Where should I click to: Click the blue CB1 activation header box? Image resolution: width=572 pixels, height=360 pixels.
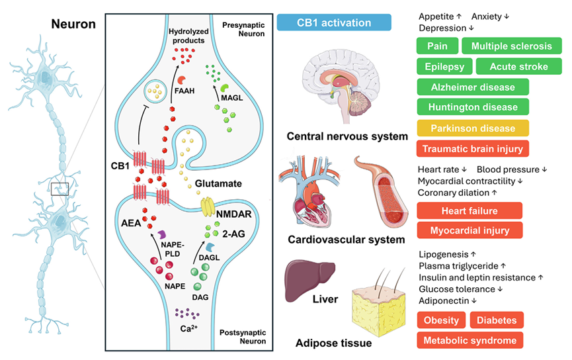click(334, 22)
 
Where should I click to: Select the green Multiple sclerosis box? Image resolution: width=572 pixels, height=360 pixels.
click(511, 46)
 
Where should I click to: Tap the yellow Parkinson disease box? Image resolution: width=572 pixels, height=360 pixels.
click(473, 128)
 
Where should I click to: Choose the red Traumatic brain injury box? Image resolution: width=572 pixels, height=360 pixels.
click(473, 149)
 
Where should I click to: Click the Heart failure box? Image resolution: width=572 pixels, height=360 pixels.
click(470, 210)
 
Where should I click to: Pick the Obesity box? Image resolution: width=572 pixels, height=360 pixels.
click(441, 320)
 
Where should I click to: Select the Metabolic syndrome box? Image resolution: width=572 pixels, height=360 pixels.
click(470, 340)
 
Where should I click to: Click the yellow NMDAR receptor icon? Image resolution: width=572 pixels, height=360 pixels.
click(208, 206)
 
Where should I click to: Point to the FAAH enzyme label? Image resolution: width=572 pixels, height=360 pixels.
click(184, 91)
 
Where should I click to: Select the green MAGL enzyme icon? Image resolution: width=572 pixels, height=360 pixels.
click(225, 88)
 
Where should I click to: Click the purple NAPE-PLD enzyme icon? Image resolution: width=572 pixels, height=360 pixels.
click(162, 235)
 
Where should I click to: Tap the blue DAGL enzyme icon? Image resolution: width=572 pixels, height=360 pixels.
click(210, 247)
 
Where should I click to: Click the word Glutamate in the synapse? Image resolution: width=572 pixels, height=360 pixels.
click(218, 183)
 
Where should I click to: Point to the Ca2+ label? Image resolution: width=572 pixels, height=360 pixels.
click(189, 329)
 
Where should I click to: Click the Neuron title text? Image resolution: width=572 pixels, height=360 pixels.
click(73, 24)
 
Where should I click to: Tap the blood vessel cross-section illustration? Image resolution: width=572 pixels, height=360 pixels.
click(381, 193)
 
